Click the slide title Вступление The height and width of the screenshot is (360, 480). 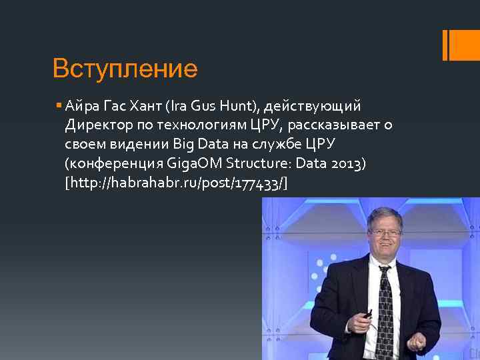[x=125, y=69]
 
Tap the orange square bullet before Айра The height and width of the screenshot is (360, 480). [x=59, y=105]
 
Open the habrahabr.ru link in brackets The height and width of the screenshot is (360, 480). [x=176, y=183]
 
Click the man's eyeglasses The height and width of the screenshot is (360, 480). [x=385, y=233]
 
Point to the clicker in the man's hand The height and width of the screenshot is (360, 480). [x=367, y=312]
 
